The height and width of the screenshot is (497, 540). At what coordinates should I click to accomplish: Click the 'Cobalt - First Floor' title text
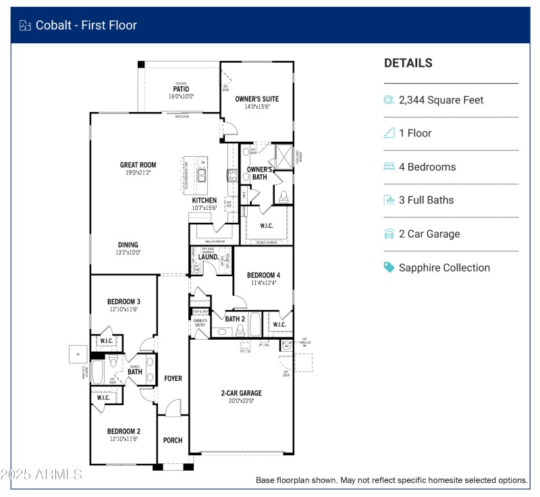click(87, 26)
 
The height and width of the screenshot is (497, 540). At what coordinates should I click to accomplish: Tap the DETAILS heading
click(408, 63)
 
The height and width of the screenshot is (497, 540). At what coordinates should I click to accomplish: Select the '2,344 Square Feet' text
click(441, 100)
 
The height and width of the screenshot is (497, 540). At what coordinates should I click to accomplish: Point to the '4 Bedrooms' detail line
click(427, 167)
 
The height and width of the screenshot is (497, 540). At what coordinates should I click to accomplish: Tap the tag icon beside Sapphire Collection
click(389, 267)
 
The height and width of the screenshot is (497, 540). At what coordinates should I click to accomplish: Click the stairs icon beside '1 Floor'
click(389, 133)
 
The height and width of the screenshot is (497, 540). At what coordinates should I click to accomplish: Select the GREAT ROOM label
click(138, 165)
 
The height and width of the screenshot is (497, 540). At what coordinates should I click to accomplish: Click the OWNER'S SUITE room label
click(256, 99)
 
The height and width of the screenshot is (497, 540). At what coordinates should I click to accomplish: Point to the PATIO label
click(181, 89)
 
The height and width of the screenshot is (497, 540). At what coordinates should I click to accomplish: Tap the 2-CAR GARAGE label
click(241, 393)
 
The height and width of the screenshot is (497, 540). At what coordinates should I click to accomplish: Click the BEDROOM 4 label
click(263, 275)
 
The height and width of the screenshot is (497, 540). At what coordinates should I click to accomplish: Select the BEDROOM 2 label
click(124, 431)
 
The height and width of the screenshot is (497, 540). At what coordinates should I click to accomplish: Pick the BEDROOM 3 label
click(124, 301)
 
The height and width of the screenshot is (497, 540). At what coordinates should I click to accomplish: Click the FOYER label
click(173, 378)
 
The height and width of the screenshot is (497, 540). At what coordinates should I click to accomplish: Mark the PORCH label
click(173, 440)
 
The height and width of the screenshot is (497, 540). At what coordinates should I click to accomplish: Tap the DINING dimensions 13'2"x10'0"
click(128, 253)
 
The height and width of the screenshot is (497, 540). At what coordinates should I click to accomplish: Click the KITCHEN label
click(205, 201)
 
